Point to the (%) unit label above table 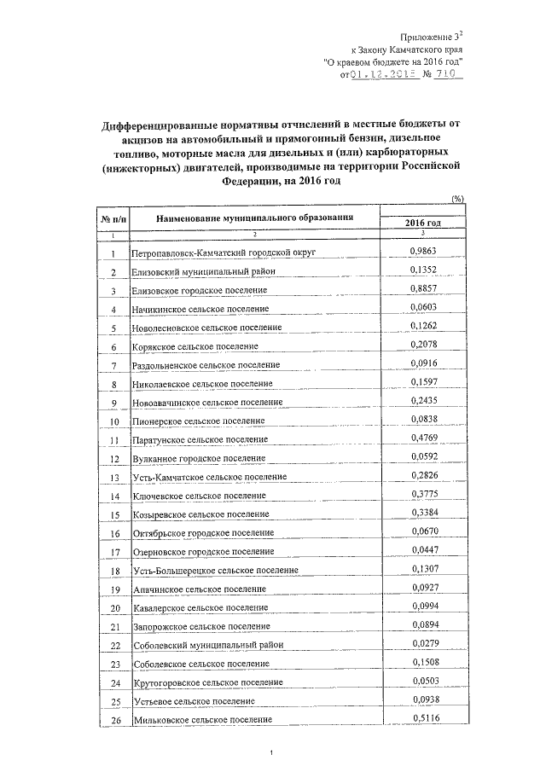click(x=456, y=198)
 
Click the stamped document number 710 click(x=446, y=74)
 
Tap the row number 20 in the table click(x=114, y=607)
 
